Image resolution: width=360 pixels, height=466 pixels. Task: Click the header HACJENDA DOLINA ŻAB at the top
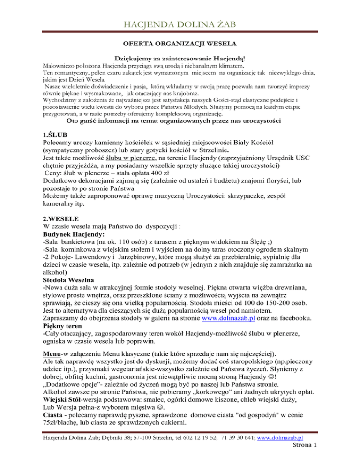click(180, 23)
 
